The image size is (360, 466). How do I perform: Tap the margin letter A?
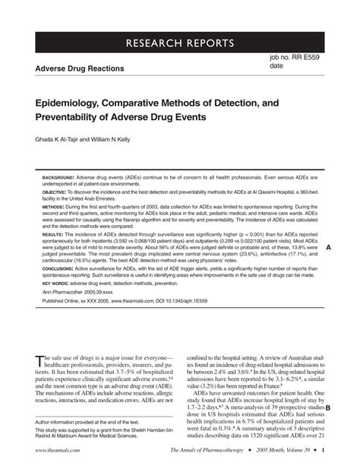click(328, 248)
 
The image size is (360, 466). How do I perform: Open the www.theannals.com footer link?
click(50, 453)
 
